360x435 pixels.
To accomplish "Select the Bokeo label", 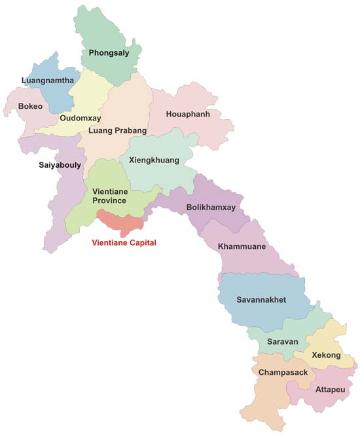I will coord(31,105).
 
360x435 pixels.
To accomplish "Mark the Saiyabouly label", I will coord(60,165).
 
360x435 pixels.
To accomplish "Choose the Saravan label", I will coord(283,342).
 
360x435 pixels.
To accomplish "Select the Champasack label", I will coord(283,372).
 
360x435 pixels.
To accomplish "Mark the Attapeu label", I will coord(328,389).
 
